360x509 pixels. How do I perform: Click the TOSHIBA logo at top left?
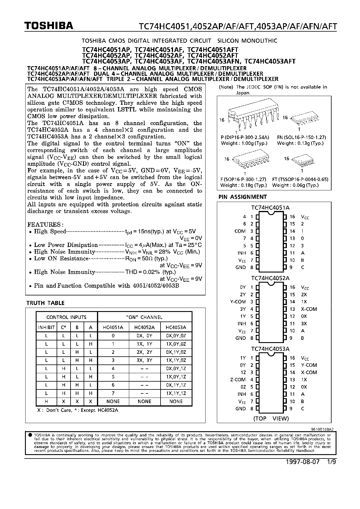click(49, 26)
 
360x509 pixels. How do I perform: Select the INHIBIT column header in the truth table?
click(46, 327)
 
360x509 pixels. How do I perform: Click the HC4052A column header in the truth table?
click(144, 327)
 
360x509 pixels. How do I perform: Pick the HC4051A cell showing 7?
click(113, 393)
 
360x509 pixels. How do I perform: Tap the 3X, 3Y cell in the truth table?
click(144, 360)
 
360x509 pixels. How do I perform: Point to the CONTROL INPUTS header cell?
click(66, 317)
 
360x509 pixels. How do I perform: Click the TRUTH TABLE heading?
click(45, 303)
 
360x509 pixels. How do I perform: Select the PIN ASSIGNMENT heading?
click(242, 197)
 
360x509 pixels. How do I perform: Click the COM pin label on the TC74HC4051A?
click(240, 231)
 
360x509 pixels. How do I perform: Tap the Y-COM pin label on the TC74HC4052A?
click(238, 302)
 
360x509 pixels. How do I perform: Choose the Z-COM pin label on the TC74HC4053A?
click(238, 380)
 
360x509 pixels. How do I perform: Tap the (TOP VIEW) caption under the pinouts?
click(271, 418)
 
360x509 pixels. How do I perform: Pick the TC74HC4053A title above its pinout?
click(270, 349)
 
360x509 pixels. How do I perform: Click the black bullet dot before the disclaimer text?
click(30, 435)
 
